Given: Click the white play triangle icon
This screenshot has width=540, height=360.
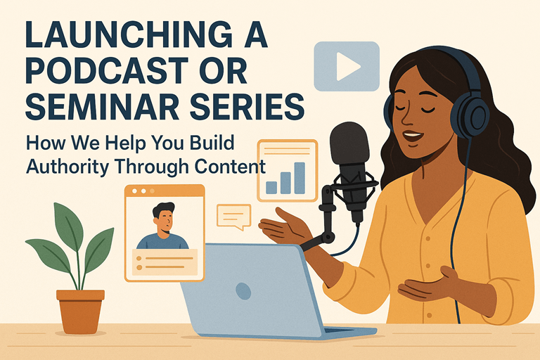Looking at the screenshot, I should click(347, 66).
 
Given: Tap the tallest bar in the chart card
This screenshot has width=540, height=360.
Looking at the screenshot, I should click(300, 178).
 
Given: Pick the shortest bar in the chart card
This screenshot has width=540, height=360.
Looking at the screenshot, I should click(271, 187).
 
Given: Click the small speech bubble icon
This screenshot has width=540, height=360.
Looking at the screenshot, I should click(233, 216).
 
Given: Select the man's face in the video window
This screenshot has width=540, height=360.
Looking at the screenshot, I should click(164, 220).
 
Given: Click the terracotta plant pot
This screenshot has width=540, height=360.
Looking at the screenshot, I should click(80, 309).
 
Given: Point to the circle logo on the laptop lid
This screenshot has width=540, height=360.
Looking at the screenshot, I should click(243, 290).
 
